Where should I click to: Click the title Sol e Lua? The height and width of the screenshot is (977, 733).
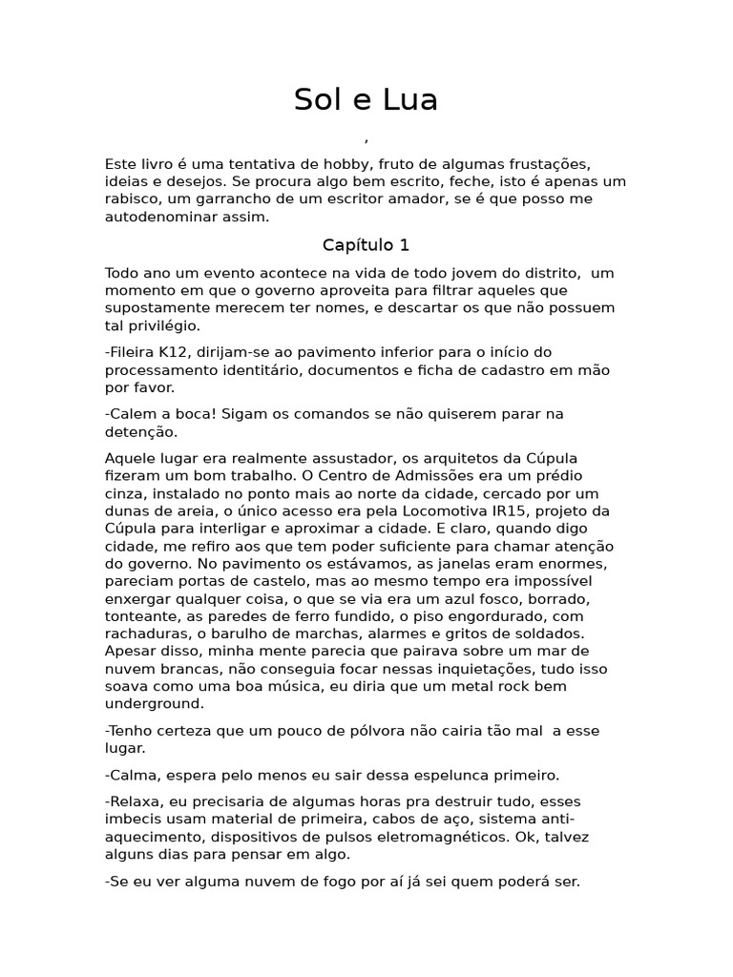point(366,99)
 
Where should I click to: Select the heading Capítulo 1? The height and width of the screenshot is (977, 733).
point(366,245)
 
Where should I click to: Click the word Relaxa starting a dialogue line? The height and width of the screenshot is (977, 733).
point(133,801)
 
